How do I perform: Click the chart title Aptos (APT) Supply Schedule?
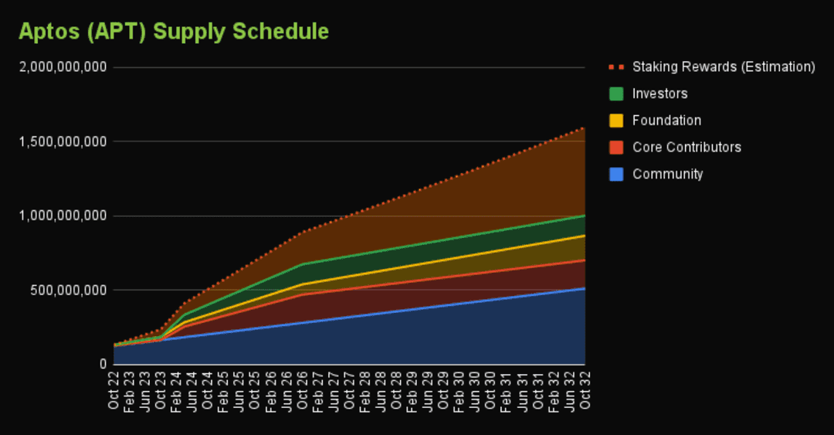pos(174,32)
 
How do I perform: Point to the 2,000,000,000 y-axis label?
pos(61,67)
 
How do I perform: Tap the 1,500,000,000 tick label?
pos(61,141)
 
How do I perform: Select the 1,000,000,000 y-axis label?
pos(61,216)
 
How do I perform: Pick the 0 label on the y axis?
pos(102,364)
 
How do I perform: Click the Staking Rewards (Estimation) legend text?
pos(724,66)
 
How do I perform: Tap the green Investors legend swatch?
pos(616,93)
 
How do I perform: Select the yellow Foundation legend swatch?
pos(616,121)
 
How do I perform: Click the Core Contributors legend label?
pos(687,147)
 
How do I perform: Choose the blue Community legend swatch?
pos(616,174)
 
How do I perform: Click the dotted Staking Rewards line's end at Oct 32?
pos(585,127)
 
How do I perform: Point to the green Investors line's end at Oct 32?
pos(585,215)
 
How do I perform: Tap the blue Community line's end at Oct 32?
pos(585,288)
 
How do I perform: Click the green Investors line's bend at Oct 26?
pos(302,264)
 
